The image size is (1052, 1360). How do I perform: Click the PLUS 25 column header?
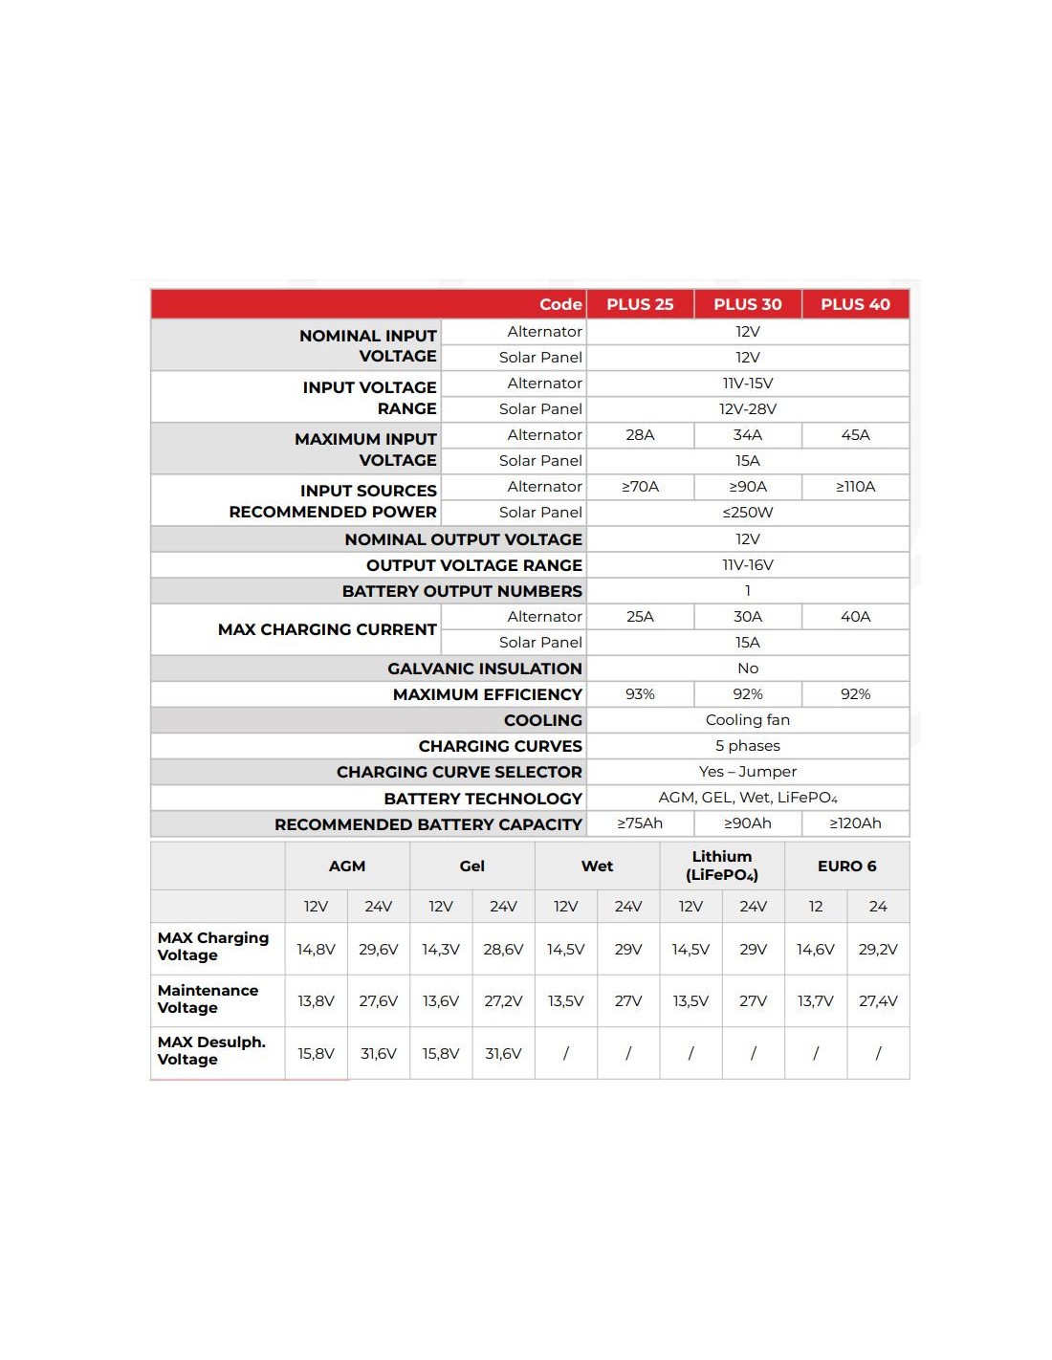tap(640, 304)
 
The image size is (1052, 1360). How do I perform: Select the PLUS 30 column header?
tap(748, 304)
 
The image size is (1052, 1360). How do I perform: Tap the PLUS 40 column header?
tap(855, 304)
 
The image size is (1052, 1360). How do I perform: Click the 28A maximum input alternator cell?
tap(640, 435)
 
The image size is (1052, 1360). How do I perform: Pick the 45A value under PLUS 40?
tap(855, 435)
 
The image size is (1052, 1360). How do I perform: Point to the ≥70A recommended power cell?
tap(640, 487)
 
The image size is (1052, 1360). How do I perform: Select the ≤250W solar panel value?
tap(748, 513)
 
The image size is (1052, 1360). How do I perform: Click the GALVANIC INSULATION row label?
tap(484, 669)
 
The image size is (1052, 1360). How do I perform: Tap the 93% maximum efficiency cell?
tap(640, 694)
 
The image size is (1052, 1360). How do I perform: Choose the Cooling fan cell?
tap(748, 720)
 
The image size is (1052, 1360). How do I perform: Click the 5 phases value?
tap(748, 746)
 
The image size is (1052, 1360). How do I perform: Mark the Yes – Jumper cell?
tap(748, 772)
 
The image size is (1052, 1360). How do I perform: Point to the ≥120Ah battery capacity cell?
tap(855, 823)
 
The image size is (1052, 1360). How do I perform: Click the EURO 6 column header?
tap(846, 866)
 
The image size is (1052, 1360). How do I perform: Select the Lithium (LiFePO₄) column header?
tap(722, 866)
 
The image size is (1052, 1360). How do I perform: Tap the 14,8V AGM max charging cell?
tap(316, 950)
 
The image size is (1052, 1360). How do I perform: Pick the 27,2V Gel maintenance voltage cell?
tap(503, 1001)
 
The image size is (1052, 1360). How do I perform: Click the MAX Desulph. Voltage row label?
tap(211, 1051)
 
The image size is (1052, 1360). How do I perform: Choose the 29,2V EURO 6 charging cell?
tap(878, 950)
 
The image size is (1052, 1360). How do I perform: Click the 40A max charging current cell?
tap(855, 617)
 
